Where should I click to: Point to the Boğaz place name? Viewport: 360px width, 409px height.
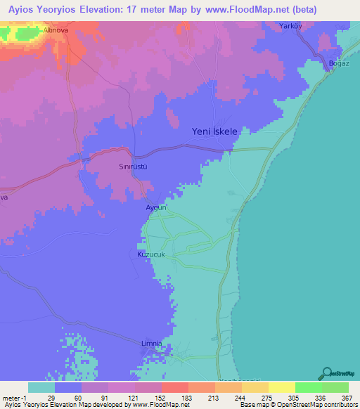340,65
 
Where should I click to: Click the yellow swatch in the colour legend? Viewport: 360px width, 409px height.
281,387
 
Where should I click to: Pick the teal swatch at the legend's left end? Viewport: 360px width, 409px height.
41,387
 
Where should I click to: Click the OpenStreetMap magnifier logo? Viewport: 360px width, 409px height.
326,374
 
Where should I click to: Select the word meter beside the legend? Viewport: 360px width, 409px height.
10,398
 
